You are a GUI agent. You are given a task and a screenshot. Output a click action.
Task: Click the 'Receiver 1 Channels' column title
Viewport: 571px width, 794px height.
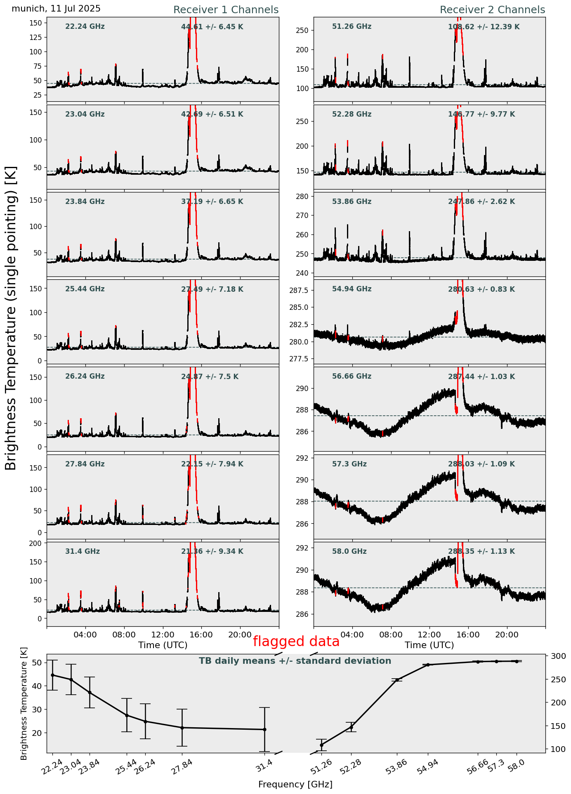pyautogui.click(x=226, y=10)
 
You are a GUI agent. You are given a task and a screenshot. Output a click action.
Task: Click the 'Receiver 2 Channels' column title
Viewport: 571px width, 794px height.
pyautogui.click(x=492, y=10)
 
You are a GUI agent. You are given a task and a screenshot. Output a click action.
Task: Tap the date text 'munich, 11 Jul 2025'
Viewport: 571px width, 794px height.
pyautogui.click(x=56, y=9)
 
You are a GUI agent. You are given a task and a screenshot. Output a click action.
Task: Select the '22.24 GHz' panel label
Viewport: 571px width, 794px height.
pyautogui.click(x=85, y=27)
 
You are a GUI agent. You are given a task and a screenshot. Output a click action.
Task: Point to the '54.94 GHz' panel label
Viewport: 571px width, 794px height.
pyautogui.click(x=352, y=289)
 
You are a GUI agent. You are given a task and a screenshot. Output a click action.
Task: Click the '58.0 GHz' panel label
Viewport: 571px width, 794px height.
pyautogui.click(x=349, y=551)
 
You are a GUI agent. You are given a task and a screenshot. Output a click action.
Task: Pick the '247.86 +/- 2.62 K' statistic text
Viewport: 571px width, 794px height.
pyautogui.click(x=481, y=202)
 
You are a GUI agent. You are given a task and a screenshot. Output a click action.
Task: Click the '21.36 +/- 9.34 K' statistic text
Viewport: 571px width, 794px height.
pyautogui.click(x=212, y=551)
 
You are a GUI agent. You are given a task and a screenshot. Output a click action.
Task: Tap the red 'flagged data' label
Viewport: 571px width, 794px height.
pyautogui.click(x=296, y=642)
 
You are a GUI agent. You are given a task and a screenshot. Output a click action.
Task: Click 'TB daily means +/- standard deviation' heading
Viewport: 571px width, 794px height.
pyautogui.click(x=295, y=661)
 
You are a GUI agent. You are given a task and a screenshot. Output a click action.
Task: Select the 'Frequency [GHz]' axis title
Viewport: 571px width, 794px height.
pyautogui.click(x=295, y=784)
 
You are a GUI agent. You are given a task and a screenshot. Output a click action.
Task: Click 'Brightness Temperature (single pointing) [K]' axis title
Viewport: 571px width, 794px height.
pyautogui.click(x=11, y=318)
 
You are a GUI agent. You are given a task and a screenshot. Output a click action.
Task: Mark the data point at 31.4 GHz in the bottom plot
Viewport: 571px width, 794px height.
pyautogui.click(x=264, y=729)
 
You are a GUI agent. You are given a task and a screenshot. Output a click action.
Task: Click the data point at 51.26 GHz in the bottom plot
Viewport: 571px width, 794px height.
pyautogui.click(x=321, y=745)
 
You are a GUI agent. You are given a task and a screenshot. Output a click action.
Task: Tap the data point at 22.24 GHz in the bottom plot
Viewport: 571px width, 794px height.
pyautogui.click(x=52, y=675)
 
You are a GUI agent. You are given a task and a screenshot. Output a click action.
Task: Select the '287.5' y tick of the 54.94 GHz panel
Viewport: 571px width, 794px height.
pyautogui.click(x=300, y=291)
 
